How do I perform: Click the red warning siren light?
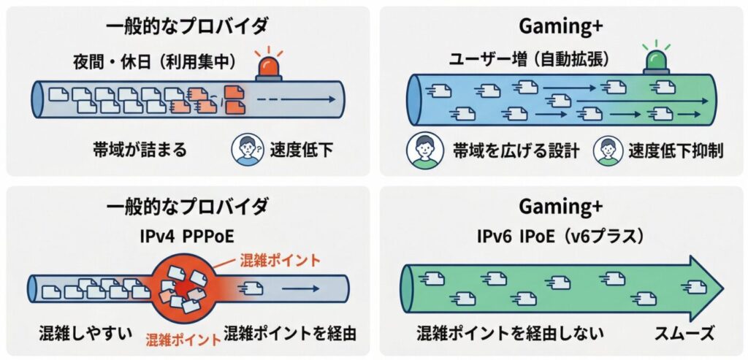[x=271, y=67]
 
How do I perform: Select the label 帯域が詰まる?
[x=140, y=150]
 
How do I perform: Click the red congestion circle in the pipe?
[x=181, y=286]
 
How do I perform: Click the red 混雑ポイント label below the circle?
[x=183, y=339]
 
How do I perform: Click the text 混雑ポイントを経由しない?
[x=511, y=334]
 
